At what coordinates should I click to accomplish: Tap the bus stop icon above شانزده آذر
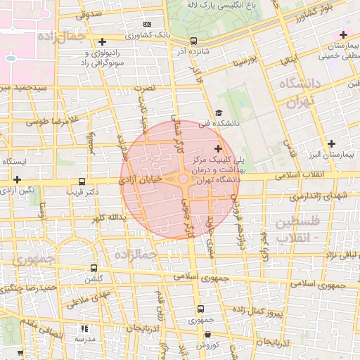point(194,40)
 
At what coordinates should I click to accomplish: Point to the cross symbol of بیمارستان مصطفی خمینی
point(343,34)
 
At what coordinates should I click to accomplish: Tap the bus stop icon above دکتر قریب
point(83,181)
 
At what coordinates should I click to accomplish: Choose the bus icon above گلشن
point(95,268)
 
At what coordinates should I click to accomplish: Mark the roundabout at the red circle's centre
point(184,180)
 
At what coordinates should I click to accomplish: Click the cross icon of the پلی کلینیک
point(218,148)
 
